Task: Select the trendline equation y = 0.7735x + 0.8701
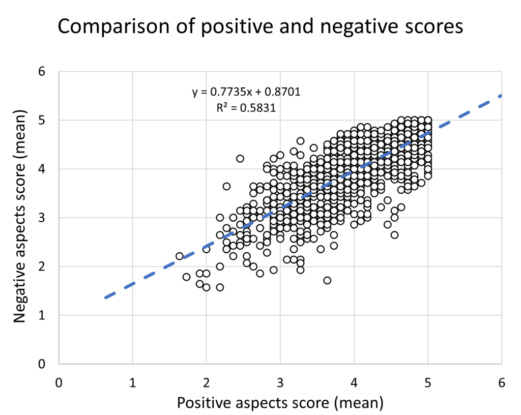[246, 92]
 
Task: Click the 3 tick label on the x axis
[280, 383]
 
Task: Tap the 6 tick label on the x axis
[502, 383]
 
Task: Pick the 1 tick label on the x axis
[132, 383]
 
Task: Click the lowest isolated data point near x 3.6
[327, 280]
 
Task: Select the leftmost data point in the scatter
[180, 256]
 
